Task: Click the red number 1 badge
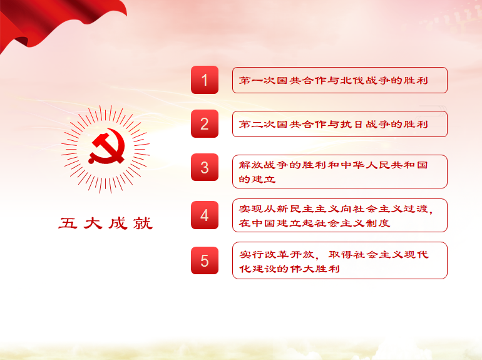(x=205, y=80)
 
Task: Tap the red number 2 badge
(x=205, y=124)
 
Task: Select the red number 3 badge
(x=205, y=168)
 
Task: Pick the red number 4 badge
(x=205, y=215)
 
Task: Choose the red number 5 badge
(x=205, y=260)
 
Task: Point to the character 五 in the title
(x=68, y=223)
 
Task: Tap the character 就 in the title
(x=143, y=223)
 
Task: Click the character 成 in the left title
(x=118, y=223)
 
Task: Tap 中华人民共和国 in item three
(x=384, y=165)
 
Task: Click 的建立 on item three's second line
(x=257, y=179)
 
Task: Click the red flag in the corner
(x=61, y=18)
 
